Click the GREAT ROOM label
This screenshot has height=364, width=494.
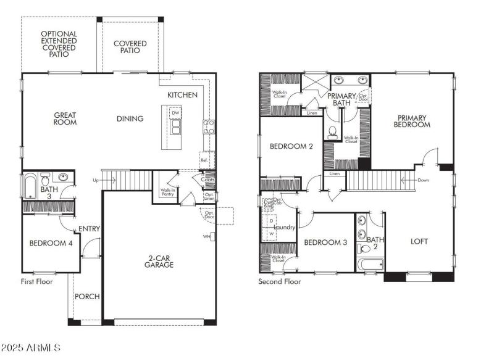tap(65, 118)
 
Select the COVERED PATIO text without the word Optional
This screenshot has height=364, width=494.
tap(130, 47)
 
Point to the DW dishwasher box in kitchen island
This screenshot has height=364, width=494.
tap(176, 114)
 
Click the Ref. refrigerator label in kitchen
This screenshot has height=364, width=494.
tap(204, 160)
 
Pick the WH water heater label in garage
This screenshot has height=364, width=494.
tap(207, 236)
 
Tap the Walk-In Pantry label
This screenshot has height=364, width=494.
tap(167, 192)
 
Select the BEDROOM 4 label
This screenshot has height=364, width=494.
tap(51, 243)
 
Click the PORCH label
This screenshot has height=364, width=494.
tap(87, 296)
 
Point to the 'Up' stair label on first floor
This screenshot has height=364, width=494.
tap(95, 180)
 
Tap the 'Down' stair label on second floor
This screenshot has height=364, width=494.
tap(424, 180)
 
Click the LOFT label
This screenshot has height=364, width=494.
tap(419, 241)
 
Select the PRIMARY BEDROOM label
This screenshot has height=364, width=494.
tap(413, 121)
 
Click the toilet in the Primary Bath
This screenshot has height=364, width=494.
tap(333, 131)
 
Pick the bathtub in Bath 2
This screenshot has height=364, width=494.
tap(370, 264)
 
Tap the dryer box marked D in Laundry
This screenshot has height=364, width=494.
tap(271, 221)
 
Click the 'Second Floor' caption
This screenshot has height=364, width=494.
tap(280, 281)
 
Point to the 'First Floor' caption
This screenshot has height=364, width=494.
tap(36, 281)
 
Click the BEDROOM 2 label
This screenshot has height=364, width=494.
tap(291, 146)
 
